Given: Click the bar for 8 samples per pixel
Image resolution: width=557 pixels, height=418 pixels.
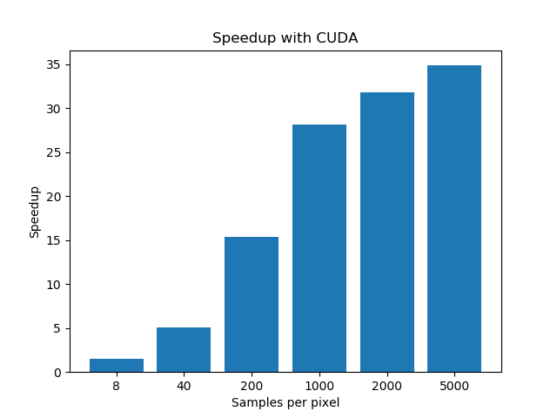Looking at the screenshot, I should [x=116, y=366].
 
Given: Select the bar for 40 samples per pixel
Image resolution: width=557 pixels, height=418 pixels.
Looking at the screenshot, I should [x=184, y=350].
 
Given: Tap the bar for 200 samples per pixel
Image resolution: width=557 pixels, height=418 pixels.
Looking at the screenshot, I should [x=252, y=305].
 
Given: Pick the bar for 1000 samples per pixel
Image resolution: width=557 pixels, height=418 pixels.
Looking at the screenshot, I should [x=319, y=248].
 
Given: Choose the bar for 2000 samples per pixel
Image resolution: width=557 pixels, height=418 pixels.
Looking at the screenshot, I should [x=387, y=233].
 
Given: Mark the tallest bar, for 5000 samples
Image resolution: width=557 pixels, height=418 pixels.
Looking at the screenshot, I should [x=454, y=219].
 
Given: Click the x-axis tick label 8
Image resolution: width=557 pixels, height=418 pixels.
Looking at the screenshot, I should [x=116, y=386].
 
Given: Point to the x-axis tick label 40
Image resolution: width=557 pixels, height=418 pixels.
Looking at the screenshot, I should [x=184, y=386].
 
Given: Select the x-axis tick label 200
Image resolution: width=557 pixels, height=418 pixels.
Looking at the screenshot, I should [x=252, y=386].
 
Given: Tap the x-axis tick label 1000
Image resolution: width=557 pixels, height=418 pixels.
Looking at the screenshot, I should [x=319, y=386].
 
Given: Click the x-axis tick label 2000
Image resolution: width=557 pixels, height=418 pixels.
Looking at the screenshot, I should [x=387, y=386].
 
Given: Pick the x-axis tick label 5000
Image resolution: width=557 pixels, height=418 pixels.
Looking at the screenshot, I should [x=454, y=386].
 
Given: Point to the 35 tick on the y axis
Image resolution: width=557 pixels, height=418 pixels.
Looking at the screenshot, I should [x=53, y=64].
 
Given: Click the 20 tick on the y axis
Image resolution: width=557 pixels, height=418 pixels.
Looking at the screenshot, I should [x=53, y=197].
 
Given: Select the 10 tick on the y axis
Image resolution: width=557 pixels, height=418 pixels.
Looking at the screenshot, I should [x=53, y=285].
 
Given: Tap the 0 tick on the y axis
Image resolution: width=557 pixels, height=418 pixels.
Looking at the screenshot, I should [x=57, y=373].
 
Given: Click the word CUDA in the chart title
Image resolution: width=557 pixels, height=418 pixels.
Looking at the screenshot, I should [x=339, y=38].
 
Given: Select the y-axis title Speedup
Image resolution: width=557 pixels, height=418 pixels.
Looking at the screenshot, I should [x=35, y=212].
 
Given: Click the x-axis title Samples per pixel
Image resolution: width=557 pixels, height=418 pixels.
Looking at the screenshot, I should [x=285, y=402].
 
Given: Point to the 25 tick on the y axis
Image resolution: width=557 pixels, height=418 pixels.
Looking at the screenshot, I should [x=53, y=152].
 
